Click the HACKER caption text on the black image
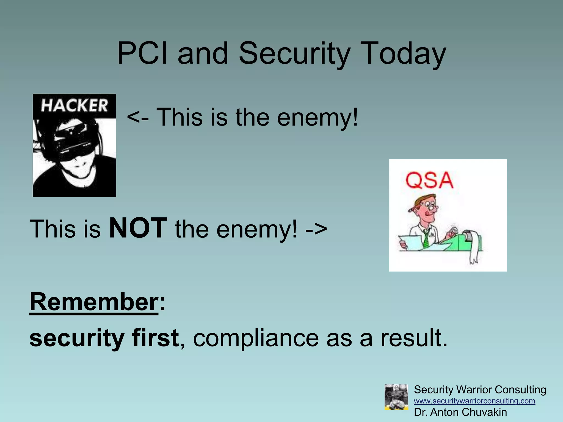tap(74, 106)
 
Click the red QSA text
tap(429, 181)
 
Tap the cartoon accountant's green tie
tap(426, 238)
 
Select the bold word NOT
tap(138, 228)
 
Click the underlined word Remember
tap(94, 302)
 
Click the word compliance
tap(256, 338)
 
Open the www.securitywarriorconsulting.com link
tap(474, 401)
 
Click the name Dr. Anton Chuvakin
tap(460, 412)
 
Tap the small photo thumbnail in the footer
tap(396, 397)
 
